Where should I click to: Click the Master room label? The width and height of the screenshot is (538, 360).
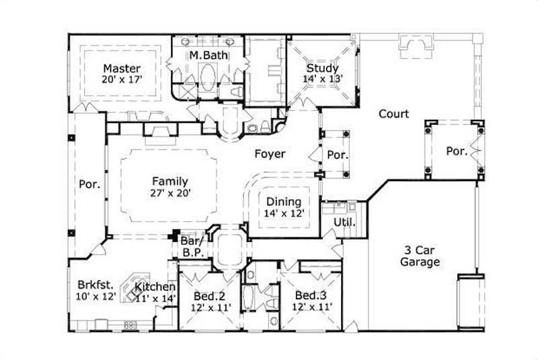pos(121,68)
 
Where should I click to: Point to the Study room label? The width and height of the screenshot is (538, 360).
pos(322,68)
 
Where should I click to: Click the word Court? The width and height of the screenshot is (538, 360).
pos(393,114)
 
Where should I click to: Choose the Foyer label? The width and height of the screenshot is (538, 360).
pos(270,154)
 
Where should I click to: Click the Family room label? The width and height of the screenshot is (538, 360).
pos(169,181)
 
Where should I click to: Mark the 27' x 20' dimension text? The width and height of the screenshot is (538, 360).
pos(169,192)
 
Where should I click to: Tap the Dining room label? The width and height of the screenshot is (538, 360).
pos(284,201)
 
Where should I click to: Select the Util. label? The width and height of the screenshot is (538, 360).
pos(344,221)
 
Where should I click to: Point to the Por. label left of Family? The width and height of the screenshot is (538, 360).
pos(89,183)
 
